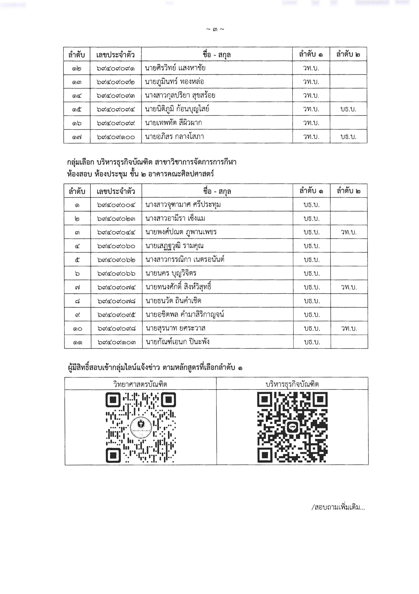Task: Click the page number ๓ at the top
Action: click(215, 30)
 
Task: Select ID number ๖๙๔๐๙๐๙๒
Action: click(115, 82)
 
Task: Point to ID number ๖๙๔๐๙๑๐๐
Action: click(116, 137)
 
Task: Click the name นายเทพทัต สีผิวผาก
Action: click(173, 123)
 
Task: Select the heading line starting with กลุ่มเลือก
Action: click(152, 162)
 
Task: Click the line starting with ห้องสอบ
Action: click(140, 174)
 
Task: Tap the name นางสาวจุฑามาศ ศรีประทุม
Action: click(183, 205)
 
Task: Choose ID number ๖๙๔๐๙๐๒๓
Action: click(116, 219)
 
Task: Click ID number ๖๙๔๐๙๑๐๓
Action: click(116, 342)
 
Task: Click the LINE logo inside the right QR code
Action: click(293, 427)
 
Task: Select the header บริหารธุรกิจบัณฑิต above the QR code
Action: click(292, 384)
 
